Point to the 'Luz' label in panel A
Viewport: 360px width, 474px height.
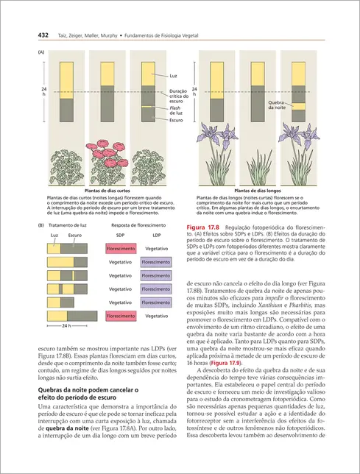point(174,76)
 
